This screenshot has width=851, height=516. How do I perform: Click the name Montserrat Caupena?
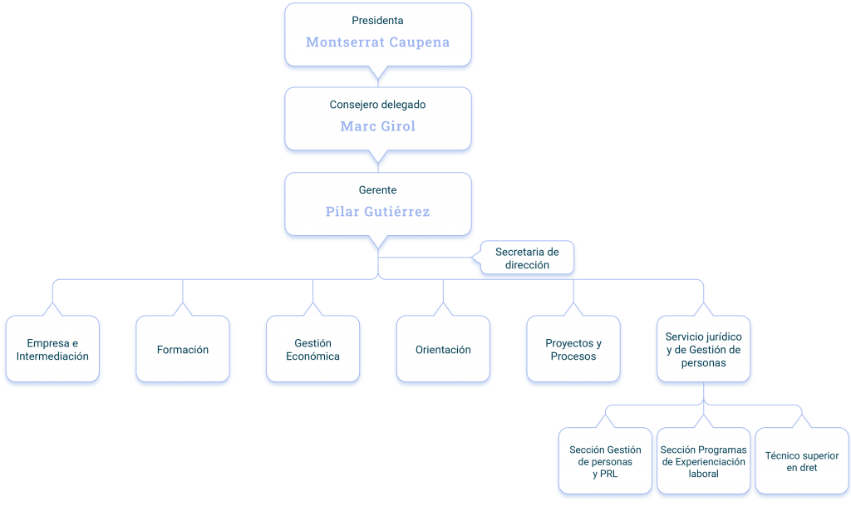click(x=378, y=42)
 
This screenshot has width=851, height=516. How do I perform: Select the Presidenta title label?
click(x=378, y=21)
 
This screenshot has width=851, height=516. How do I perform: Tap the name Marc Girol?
click(x=378, y=125)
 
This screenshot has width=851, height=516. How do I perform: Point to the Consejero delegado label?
click(x=378, y=105)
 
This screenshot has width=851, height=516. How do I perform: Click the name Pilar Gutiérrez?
click(x=378, y=211)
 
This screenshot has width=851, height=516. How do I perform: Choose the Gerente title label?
click(x=378, y=190)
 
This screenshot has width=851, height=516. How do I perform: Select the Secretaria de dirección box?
click(x=527, y=258)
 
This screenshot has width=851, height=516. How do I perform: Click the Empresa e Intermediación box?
click(x=52, y=349)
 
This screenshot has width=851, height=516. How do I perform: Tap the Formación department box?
click(x=183, y=349)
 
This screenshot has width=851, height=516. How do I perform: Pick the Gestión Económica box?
click(x=313, y=349)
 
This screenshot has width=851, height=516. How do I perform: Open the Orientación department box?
click(x=444, y=349)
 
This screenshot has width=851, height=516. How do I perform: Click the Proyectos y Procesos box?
click(x=573, y=349)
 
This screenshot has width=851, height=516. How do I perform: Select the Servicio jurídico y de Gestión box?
click(x=704, y=349)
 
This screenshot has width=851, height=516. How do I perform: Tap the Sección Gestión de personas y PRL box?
click(x=605, y=460)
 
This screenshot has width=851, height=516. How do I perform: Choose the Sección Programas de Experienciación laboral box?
click(x=703, y=460)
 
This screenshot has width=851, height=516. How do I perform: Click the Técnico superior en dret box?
click(x=802, y=460)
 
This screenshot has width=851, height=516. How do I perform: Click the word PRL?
click(x=609, y=474)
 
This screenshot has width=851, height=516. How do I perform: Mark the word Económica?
click(x=313, y=356)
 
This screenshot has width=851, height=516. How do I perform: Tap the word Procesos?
click(x=573, y=356)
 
